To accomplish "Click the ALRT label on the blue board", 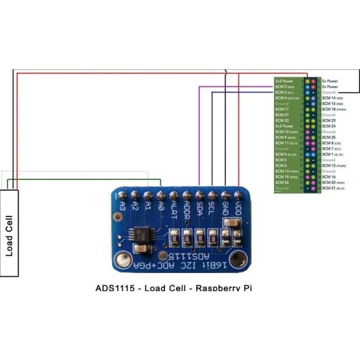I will [x=174, y=208].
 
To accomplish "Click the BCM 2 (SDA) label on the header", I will [x=284, y=87].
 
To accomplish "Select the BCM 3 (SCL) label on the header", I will [x=284, y=92].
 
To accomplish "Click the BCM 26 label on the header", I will [x=282, y=183].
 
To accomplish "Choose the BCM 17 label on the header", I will [x=282, y=109].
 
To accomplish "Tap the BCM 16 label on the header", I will [x=329, y=177].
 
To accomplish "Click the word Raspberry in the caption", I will [x=218, y=288].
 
